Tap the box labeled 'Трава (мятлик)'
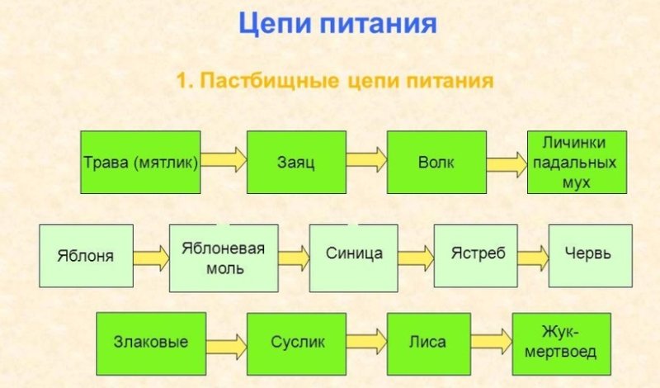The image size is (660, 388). click(141, 162)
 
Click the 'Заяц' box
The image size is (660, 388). click(283, 162)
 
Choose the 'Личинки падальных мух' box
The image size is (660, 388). click(577, 162)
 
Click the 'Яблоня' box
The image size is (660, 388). click(86, 255)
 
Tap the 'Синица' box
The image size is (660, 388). click(360, 255)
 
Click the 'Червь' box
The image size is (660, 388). click(591, 255)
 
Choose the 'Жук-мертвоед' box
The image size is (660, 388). click(562, 343)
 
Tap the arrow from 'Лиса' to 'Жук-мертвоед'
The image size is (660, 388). click(490, 340)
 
